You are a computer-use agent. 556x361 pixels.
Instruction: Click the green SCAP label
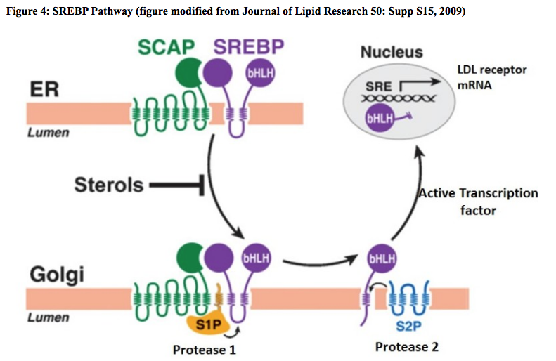pyautogui.click(x=166, y=48)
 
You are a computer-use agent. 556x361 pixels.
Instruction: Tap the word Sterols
pyautogui.click(x=109, y=185)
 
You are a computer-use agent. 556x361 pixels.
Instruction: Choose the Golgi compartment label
pyautogui.click(x=56, y=275)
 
